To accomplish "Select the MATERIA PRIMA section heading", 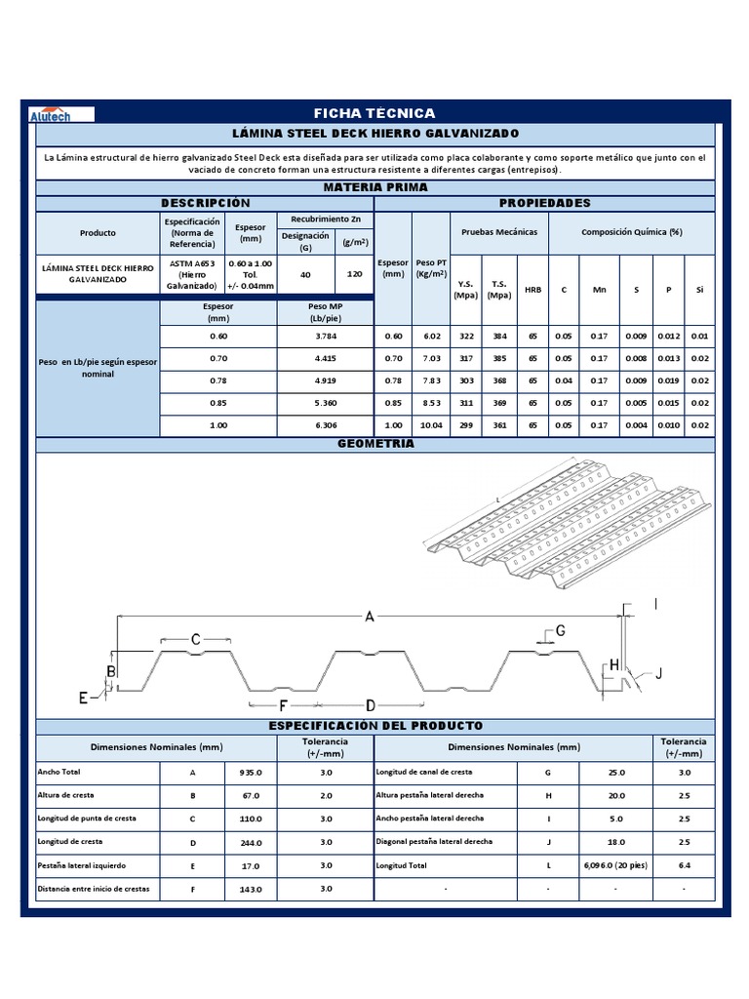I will [x=374, y=186].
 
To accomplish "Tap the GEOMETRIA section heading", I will [x=374, y=444].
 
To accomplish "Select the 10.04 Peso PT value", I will [x=431, y=425].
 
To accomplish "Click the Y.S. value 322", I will [x=466, y=337].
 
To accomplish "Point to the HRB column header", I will [x=532, y=289].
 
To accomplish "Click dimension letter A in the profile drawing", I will [x=370, y=616].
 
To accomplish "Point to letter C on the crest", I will [x=195, y=639].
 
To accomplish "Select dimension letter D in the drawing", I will [x=371, y=704].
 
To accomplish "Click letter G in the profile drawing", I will [x=561, y=630].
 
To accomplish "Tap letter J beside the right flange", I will [x=658, y=673].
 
